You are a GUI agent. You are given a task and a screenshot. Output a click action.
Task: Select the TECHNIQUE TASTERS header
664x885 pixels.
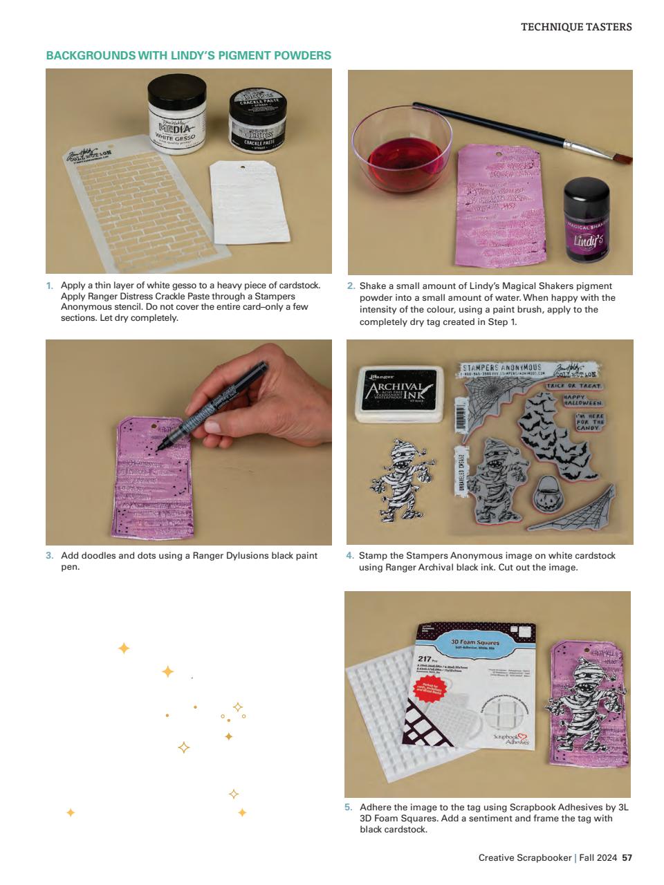point(575,27)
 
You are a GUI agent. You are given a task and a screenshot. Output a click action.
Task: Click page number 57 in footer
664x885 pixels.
point(627,858)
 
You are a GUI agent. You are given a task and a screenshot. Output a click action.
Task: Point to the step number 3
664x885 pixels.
point(49,555)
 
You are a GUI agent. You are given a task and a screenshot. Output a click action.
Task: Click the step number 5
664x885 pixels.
point(349,807)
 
